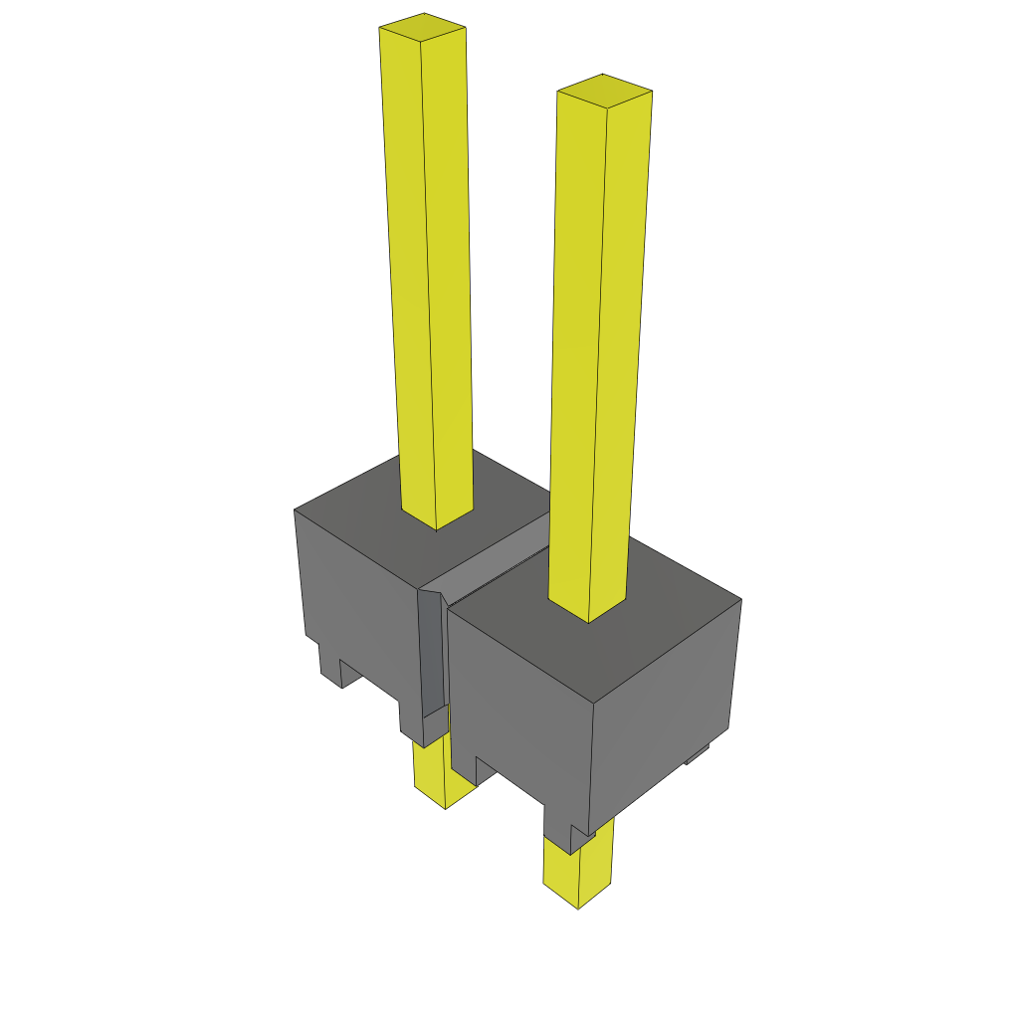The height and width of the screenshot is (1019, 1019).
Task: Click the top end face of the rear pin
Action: tap(423, 31)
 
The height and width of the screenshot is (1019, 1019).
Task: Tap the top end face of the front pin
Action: tap(604, 91)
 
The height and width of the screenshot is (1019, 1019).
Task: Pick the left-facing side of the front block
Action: tap(517, 716)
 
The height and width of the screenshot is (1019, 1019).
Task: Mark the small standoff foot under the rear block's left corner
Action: tap(330, 668)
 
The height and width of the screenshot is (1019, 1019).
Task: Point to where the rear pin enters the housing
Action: tap(437, 520)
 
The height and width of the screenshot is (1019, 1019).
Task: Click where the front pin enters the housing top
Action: tap(588, 613)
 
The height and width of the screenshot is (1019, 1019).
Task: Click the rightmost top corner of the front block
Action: tap(740, 600)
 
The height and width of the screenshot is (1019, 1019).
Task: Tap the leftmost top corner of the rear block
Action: tap(296, 510)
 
